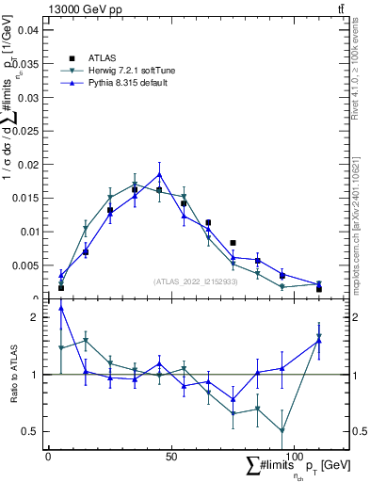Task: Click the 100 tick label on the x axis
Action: tap(294, 457)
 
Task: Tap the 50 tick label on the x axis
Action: tap(170, 457)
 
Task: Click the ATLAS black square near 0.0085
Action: tap(233, 243)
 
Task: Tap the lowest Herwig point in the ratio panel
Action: tap(282, 431)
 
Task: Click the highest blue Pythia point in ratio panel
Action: tap(61, 308)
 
